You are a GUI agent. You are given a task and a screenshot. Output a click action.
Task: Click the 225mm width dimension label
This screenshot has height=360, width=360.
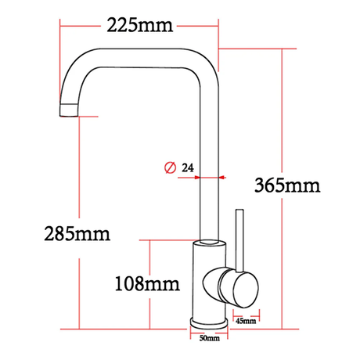point(139,25)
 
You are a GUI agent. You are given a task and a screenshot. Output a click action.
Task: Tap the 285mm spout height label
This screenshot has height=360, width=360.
point(76,233)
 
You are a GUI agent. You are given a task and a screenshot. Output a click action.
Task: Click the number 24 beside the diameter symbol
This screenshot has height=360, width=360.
point(188,167)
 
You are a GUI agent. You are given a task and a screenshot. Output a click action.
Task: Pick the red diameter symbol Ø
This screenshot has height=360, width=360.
point(168,167)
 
